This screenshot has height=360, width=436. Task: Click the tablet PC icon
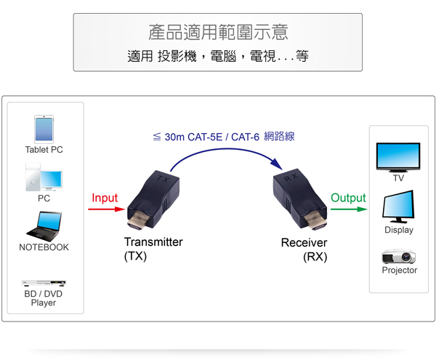(x=44, y=129)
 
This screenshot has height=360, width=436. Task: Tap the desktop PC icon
(x=44, y=177)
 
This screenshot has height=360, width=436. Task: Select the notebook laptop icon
(x=44, y=225)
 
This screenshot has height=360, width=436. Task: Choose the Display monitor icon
(x=398, y=207)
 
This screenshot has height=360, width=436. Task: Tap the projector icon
(x=399, y=257)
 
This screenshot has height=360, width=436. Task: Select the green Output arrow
(x=348, y=209)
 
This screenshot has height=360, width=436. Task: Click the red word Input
(x=105, y=198)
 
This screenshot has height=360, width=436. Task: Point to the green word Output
(x=348, y=198)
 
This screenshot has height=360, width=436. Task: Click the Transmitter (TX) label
(x=153, y=249)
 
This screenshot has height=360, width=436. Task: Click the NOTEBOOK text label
(x=44, y=247)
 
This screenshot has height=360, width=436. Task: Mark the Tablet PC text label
(x=44, y=150)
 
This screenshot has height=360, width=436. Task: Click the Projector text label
(x=399, y=271)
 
